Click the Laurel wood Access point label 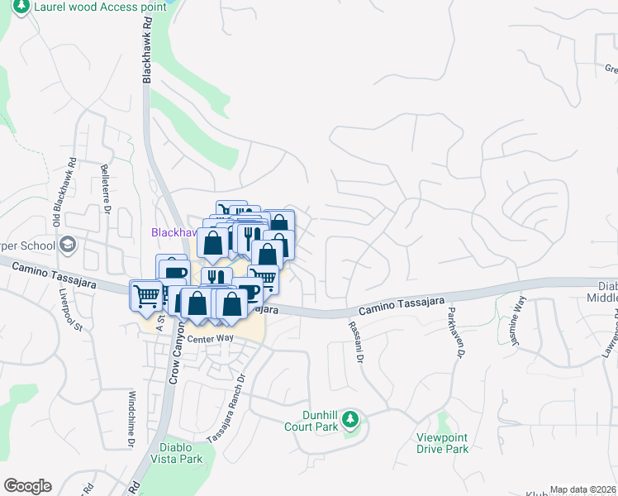pyautogui.click(x=99, y=7)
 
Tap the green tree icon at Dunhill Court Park pyautogui.click(x=349, y=418)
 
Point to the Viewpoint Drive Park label pyautogui.click(x=443, y=443)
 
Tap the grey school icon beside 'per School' pyautogui.click(x=66, y=245)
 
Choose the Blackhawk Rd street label pyautogui.click(x=148, y=51)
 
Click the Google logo pyautogui.click(x=27, y=486)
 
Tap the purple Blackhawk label pyautogui.click(x=170, y=232)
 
